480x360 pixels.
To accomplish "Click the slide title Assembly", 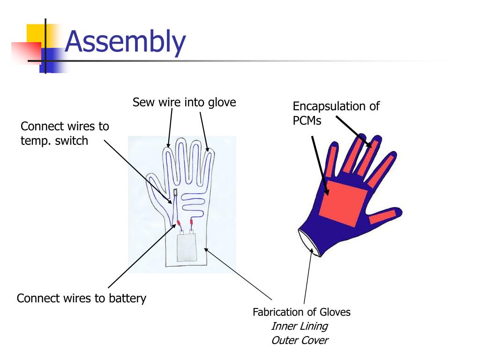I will pos(125,42).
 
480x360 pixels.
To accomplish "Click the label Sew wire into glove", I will pos(184,102).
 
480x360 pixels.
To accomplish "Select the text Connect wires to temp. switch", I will pos(65,133).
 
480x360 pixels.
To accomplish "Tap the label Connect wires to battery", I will pos(82,298).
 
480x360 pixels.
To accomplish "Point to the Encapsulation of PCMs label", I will pos(336,113).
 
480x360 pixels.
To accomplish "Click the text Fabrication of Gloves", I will pos(301,312).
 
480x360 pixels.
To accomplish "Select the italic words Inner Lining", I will pos(299,326).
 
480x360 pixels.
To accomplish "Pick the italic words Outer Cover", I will pos(299,340).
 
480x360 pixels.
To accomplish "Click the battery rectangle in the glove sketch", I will pos(190,249).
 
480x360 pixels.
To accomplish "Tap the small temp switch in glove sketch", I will pos(175,192).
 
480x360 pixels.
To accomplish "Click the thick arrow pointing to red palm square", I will pos(320,164).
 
